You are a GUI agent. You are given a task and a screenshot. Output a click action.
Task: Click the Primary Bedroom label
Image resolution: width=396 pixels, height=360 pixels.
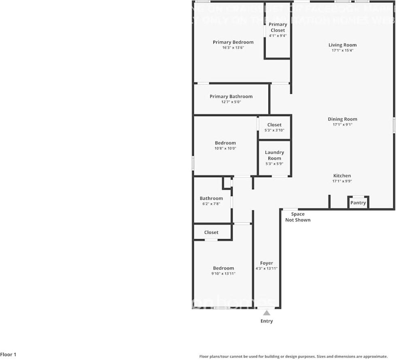pos(233,42)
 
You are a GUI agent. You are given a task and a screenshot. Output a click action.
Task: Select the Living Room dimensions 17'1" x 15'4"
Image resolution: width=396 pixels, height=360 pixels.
pos(343,51)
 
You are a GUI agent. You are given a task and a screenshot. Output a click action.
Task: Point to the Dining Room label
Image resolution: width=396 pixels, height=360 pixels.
pos(343,119)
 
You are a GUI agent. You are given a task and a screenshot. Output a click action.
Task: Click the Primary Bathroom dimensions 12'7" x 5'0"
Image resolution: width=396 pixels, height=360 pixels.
pos(231,102)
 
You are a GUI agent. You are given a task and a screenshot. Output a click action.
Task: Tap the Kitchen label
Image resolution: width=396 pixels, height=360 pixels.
pos(342,176)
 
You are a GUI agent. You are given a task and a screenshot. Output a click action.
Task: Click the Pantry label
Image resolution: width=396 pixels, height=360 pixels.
pos(358,203)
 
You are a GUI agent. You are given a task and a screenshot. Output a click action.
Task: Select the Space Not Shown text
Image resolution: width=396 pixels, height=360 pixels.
pos(298,217)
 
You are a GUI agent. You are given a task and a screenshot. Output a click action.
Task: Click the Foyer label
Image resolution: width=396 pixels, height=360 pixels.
pos(266,263)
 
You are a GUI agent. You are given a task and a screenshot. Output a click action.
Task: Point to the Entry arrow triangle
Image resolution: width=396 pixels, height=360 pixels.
pos(266,313)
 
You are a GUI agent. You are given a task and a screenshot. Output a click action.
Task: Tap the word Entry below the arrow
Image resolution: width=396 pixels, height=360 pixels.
pos(266,321)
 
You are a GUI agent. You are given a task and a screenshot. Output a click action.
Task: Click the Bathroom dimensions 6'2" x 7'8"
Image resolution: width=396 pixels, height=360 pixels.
pos(211,204)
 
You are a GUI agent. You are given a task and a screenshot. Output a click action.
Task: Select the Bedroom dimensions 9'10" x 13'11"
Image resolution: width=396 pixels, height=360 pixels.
pos(224,274)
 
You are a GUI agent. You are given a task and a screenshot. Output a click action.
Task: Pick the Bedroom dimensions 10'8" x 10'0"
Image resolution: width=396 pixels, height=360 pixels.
pos(225,148)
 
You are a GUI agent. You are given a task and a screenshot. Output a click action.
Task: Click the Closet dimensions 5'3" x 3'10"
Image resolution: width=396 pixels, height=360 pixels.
pos(275,130)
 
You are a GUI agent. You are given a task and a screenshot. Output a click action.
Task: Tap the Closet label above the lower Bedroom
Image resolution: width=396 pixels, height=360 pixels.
pos(211,232)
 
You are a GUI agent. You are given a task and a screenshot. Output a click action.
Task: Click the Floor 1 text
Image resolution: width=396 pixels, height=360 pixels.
pos(9,355)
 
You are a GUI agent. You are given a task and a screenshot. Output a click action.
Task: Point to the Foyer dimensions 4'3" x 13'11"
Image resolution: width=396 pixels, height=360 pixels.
pos(266,269)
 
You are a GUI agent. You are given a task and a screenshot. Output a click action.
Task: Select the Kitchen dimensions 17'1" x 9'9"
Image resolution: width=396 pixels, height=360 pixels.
pos(342,181)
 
